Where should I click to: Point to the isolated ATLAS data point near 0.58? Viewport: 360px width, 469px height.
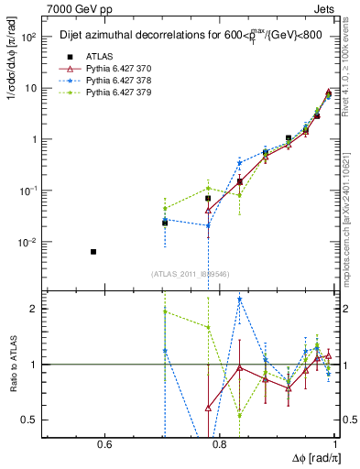click(x=93, y=251)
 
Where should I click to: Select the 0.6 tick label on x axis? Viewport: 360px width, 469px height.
click(x=104, y=445)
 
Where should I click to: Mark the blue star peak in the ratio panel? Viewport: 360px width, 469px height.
click(x=240, y=299)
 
